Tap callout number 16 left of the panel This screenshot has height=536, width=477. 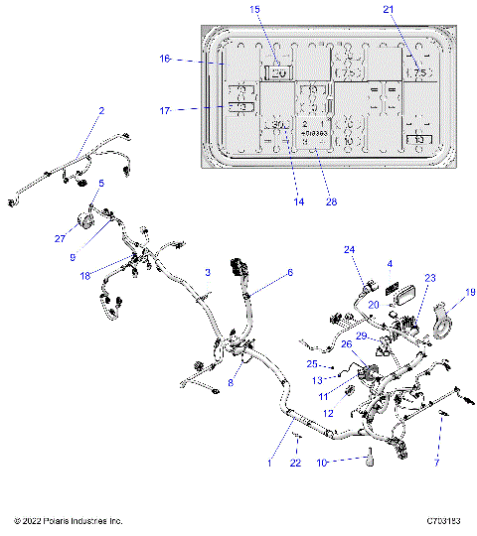coord(166,60)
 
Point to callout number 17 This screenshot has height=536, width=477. coord(166,109)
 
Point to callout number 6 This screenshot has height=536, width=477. coord(290,272)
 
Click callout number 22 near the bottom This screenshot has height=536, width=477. coord(294,463)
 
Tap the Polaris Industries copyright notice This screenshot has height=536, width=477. coord(69,520)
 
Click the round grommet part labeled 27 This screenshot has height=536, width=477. coord(85,220)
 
